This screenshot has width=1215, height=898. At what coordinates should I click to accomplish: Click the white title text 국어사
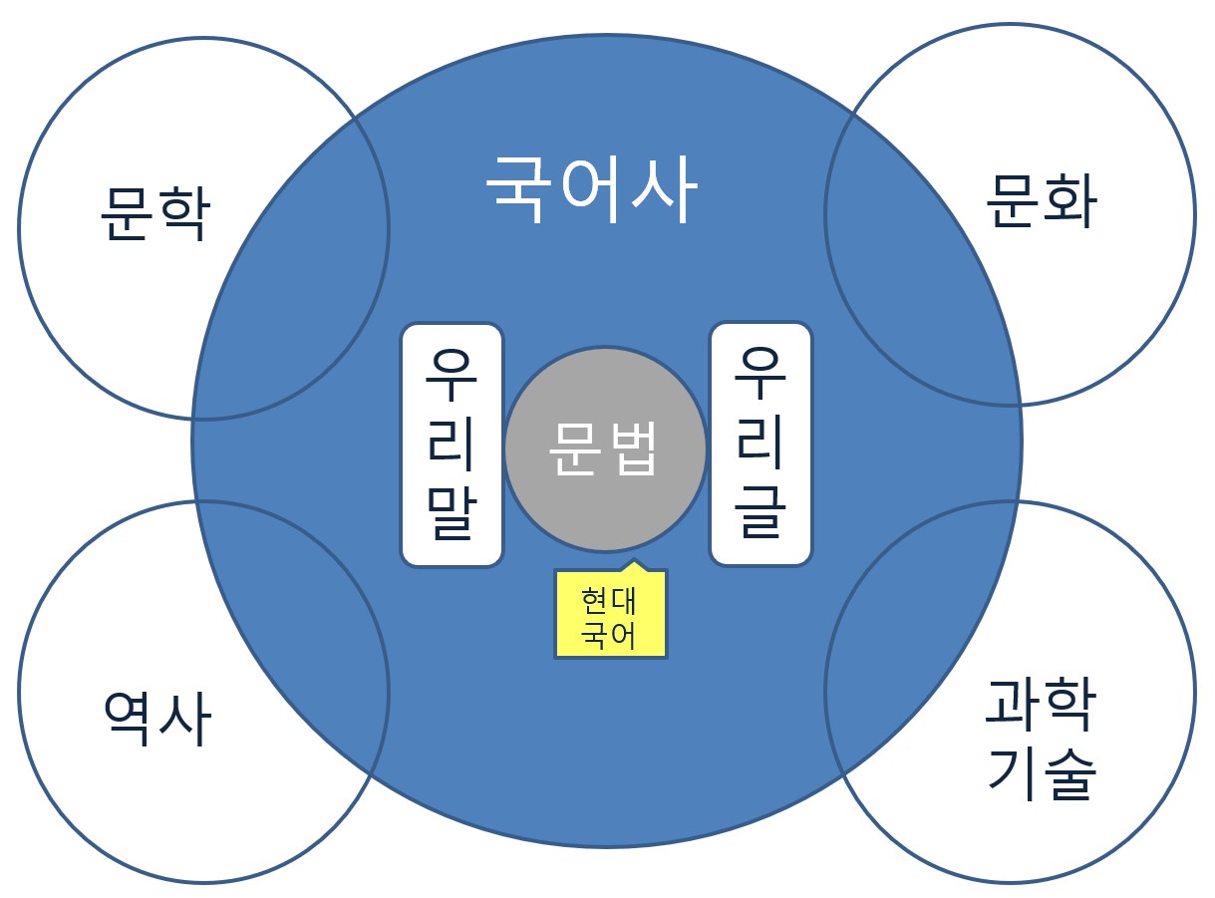click(x=591, y=188)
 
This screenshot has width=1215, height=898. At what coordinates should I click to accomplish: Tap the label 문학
click(x=154, y=214)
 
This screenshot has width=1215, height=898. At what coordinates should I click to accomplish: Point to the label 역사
click(x=156, y=720)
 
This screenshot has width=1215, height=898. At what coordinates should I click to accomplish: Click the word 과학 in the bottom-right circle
click(x=1041, y=704)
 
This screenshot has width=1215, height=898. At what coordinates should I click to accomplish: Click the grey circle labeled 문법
click(x=605, y=449)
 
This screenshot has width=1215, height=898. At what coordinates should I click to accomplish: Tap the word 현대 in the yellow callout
click(x=610, y=603)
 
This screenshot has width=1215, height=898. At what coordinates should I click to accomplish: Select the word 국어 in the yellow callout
click(x=610, y=635)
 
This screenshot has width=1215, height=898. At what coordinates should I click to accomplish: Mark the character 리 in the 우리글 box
click(x=760, y=444)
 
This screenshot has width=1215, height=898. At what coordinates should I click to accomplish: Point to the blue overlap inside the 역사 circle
click(x=299, y=638)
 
